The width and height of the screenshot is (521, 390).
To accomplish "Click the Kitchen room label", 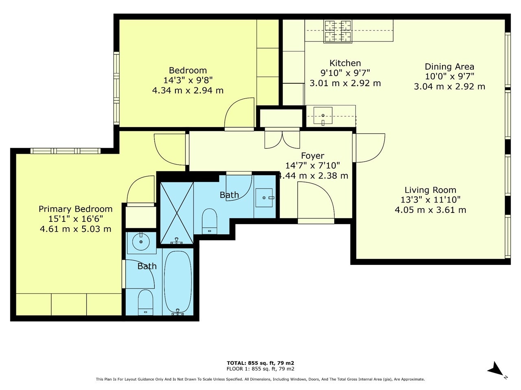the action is [x=345, y=63].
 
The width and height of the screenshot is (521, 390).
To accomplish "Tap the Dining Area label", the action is [x=449, y=67].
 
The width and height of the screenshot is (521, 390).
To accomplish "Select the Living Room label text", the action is [x=430, y=190].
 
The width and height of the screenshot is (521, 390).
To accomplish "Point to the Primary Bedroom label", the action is [x=75, y=209].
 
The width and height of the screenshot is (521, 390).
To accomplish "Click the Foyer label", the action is [x=312, y=156].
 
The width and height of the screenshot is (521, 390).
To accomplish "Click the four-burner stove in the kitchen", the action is [x=338, y=32].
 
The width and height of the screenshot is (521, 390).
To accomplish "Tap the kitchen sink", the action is [x=323, y=115].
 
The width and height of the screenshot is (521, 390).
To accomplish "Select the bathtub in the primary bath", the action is [x=177, y=283].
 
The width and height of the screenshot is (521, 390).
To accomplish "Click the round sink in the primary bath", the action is [x=141, y=242].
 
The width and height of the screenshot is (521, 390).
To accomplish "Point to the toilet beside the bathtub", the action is [x=145, y=303].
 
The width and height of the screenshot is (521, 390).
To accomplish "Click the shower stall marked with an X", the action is [x=177, y=213].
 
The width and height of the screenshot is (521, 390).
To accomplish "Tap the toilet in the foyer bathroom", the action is [x=209, y=221].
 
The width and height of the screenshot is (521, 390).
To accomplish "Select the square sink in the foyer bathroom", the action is [x=264, y=198].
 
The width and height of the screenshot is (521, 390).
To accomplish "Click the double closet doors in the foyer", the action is [x=282, y=140].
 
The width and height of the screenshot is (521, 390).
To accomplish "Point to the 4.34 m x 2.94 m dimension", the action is [x=188, y=91].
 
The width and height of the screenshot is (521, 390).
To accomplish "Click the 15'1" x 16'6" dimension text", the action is [x=75, y=219].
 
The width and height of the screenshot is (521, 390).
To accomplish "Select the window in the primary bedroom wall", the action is [x=66, y=151].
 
